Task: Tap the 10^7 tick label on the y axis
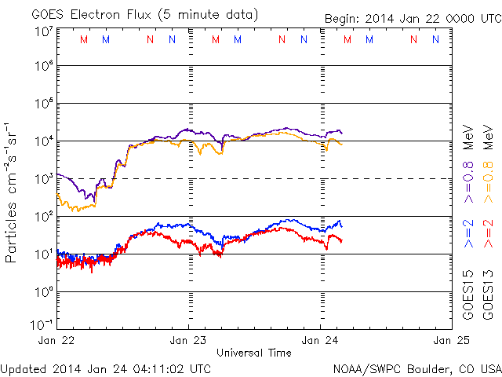click(x=42, y=31)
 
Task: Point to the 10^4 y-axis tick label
click(x=42, y=141)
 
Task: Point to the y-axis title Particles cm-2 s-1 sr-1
click(x=13, y=192)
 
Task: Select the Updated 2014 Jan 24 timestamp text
click(x=106, y=368)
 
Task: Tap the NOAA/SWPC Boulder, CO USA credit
click(x=416, y=368)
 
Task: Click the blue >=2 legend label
click(x=468, y=234)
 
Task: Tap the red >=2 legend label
click(x=488, y=234)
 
